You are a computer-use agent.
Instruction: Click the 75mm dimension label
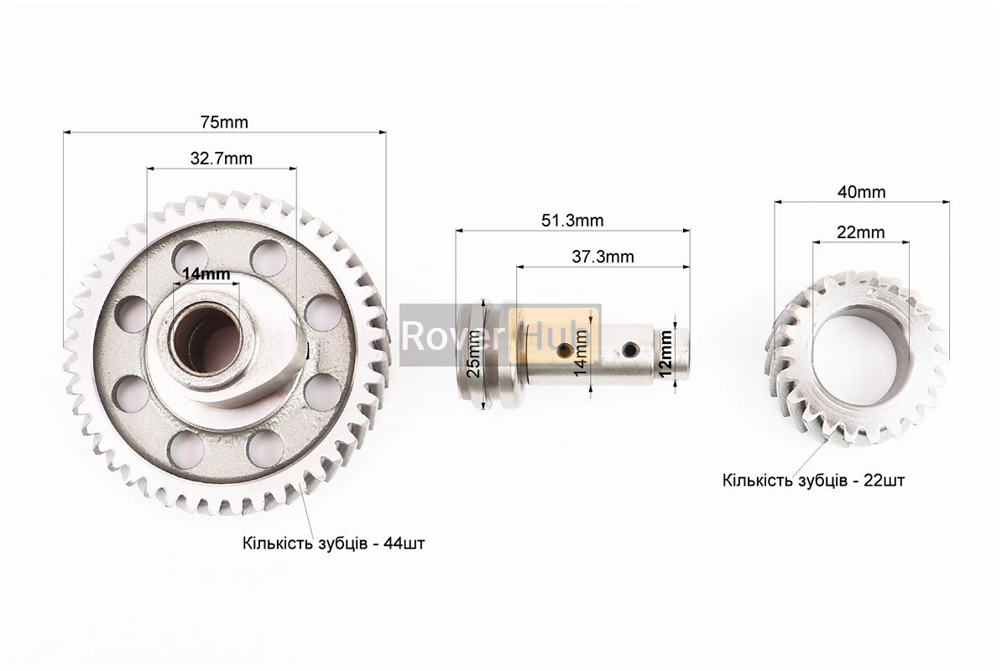[x=224, y=122]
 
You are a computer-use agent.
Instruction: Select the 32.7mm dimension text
[x=221, y=159]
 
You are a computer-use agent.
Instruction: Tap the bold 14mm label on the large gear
[x=206, y=274]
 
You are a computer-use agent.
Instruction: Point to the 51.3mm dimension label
[x=572, y=221]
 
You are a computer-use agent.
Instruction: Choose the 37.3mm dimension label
[x=603, y=257]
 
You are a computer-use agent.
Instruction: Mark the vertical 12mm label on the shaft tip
[x=665, y=354]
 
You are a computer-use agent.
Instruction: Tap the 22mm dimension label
[x=861, y=233]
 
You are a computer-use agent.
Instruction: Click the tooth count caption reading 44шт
[x=333, y=544]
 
